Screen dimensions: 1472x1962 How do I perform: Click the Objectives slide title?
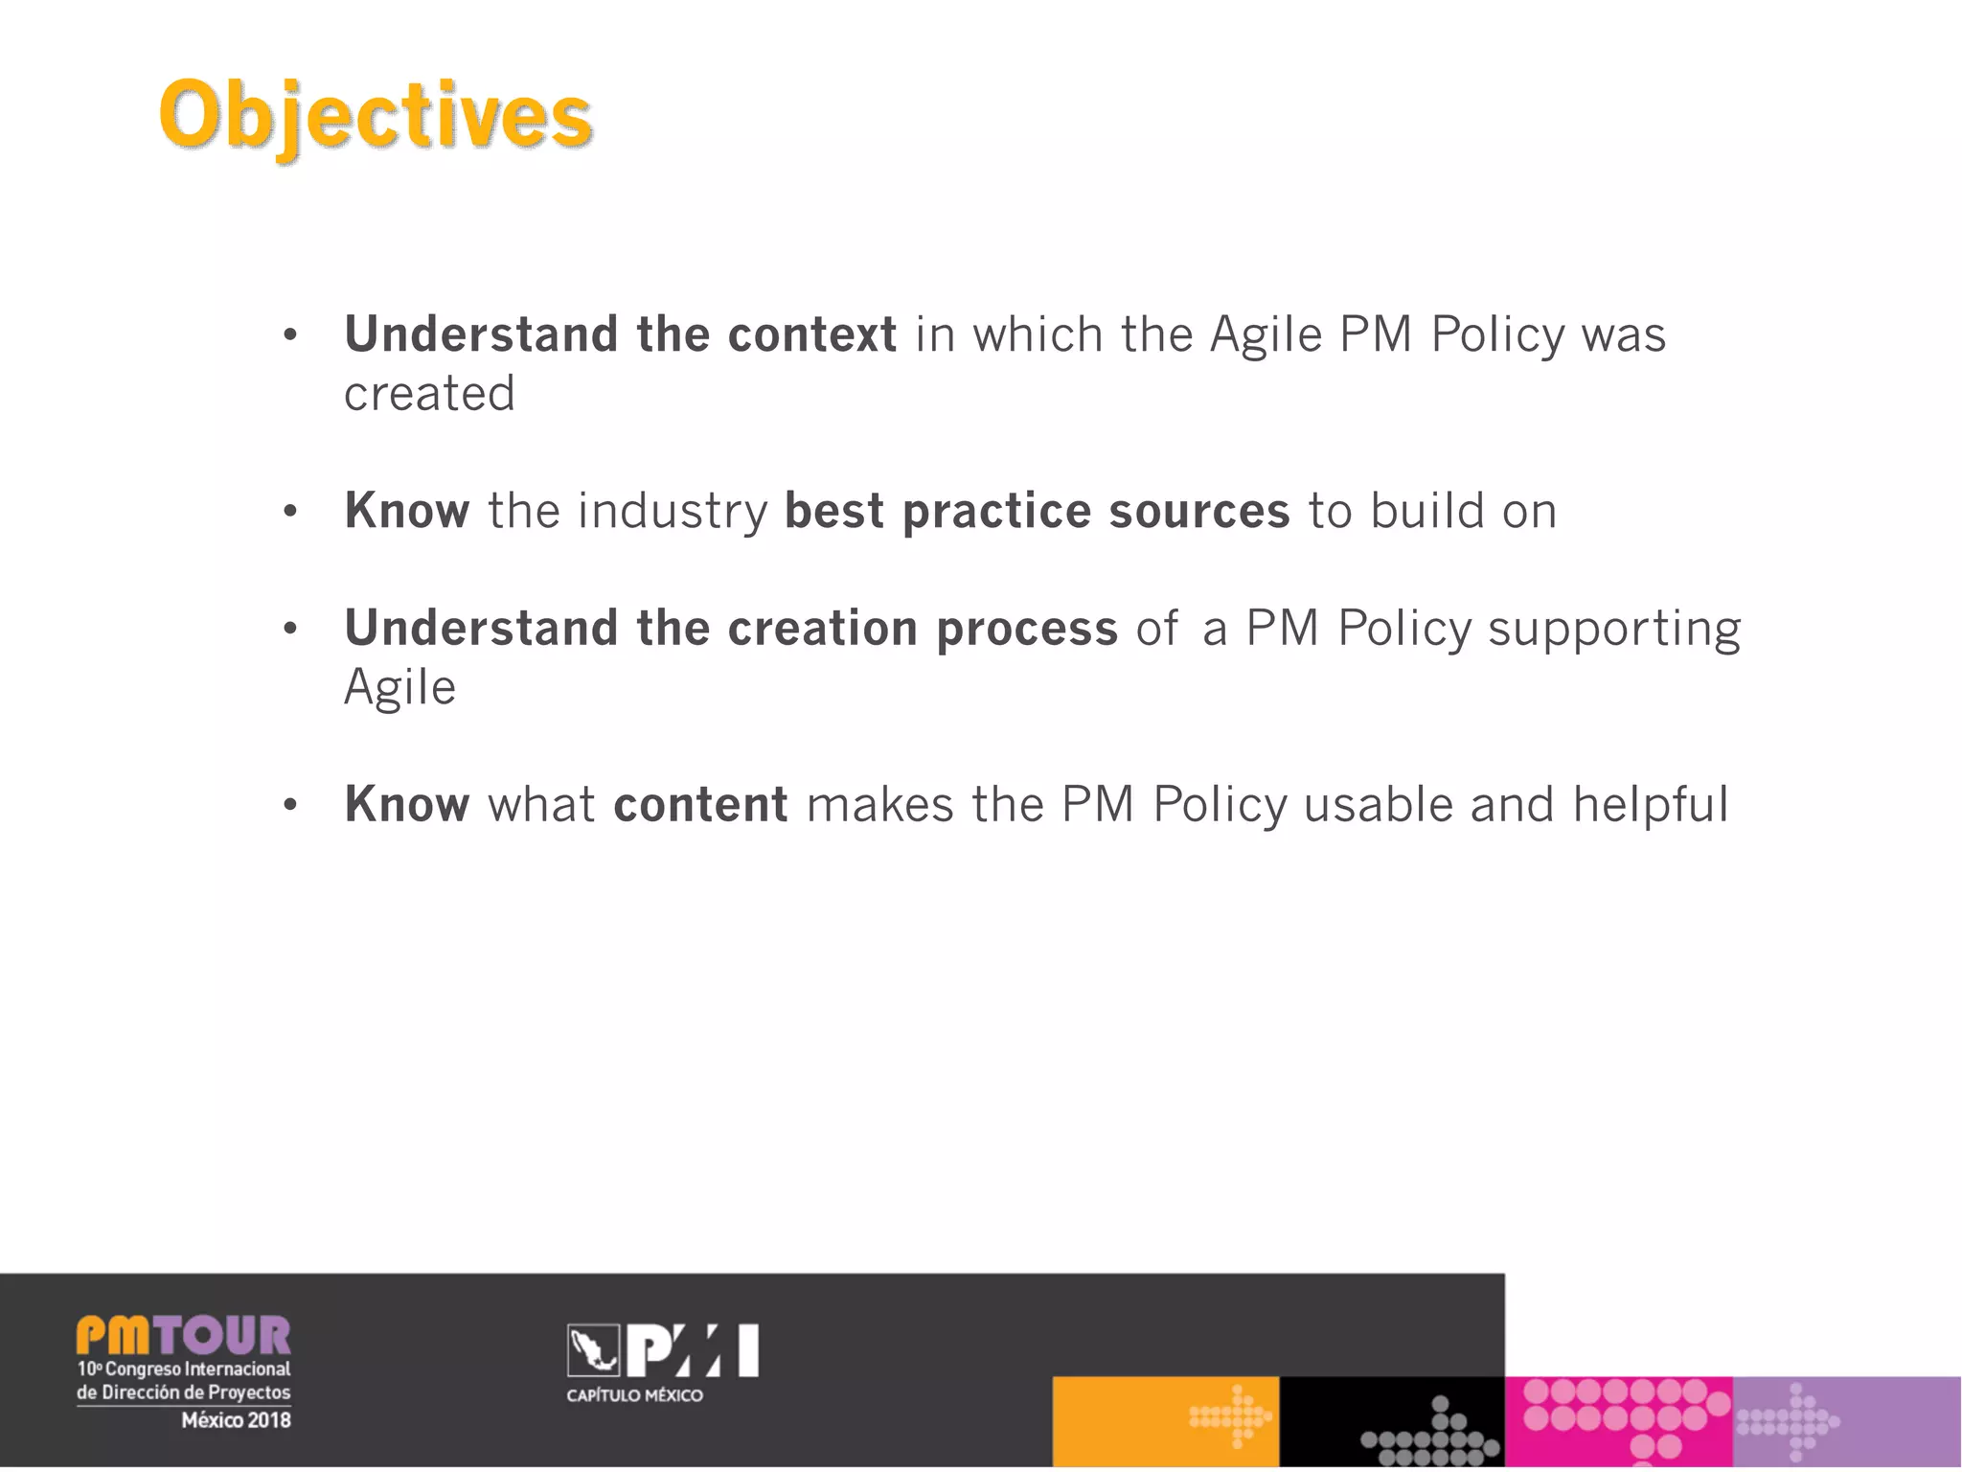point(376,116)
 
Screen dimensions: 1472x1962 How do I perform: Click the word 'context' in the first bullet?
point(811,334)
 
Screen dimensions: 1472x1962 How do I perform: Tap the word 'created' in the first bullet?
point(429,394)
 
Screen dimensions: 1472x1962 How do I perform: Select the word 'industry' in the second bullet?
point(673,511)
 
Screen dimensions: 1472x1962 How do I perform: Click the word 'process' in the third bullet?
point(1027,629)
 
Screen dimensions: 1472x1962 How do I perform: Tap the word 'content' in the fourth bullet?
point(700,804)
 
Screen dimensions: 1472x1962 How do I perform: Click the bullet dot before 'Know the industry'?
point(290,512)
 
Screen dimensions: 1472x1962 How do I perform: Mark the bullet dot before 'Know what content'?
point(290,805)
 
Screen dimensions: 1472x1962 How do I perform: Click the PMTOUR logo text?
point(183,1335)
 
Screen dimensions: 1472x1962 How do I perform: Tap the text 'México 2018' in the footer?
point(236,1420)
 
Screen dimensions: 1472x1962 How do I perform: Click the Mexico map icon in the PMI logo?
point(593,1350)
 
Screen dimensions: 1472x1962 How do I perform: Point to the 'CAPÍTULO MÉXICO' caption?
point(634,1395)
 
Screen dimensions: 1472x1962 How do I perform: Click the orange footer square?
point(1165,1421)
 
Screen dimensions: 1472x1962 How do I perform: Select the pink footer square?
point(1618,1421)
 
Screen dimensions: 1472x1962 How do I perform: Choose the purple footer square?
point(1846,1421)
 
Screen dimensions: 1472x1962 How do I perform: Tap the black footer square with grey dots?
point(1392,1421)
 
